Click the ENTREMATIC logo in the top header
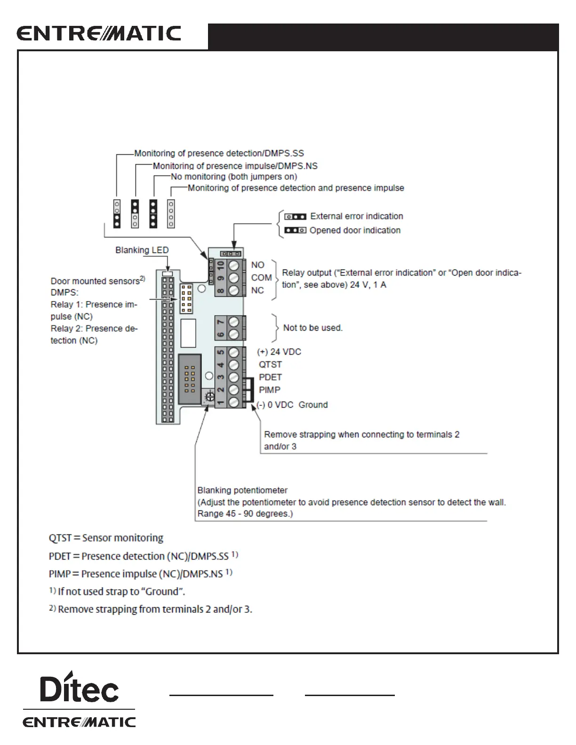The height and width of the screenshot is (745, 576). (x=99, y=34)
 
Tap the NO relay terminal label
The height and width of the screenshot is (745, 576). (x=257, y=265)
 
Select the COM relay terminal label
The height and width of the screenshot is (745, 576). (x=261, y=278)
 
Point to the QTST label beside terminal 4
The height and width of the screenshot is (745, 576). (x=270, y=365)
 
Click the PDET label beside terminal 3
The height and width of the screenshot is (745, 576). (x=270, y=377)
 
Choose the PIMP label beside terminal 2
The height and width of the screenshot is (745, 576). (x=269, y=390)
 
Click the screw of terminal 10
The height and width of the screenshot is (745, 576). (x=234, y=266)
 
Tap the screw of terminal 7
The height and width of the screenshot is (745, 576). (x=234, y=322)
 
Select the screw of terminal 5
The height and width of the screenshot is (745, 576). (x=234, y=352)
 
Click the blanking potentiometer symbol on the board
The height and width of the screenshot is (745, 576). (x=210, y=396)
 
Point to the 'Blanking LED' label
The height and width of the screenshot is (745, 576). (x=142, y=250)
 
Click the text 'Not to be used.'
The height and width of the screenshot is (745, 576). (x=312, y=328)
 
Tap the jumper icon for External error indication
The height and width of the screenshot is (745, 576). (x=295, y=216)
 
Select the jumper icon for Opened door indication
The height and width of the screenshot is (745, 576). (x=295, y=230)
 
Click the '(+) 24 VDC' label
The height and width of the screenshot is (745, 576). (x=279, y=352)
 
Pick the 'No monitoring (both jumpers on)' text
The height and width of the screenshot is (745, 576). (x=234, y=177)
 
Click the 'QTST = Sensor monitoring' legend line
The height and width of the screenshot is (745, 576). (x=106, y=538)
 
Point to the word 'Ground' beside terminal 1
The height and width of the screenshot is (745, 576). (x=313, y=405)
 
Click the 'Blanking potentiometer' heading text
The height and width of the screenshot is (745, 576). (x=242, y=490)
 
